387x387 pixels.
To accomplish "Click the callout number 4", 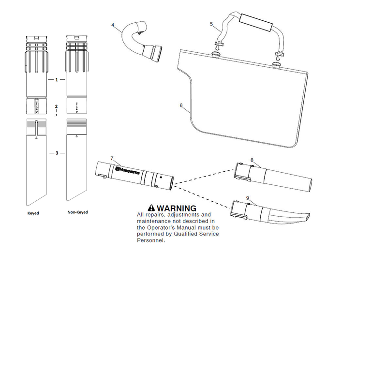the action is coord(113,25).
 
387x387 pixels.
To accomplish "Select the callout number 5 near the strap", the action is coord(211,24).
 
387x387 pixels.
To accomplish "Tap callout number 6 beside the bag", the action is coord(181,105).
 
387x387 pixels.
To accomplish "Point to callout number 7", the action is coord(112,158).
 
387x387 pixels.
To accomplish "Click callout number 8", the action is coord(252,160).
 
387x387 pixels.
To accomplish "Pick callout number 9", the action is coord(248,198).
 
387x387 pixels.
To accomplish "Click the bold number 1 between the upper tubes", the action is coord(57,80).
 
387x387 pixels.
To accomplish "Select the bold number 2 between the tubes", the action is coord(56,106).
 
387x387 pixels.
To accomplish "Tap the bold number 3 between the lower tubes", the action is coord(57,153).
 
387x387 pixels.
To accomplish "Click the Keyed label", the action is coord(33,213).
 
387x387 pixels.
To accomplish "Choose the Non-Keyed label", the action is coord(77,212).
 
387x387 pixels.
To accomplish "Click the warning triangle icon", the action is coord(151,208).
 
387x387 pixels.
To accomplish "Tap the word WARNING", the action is coord(177,208).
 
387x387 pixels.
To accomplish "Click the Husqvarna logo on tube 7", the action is coord(127,170).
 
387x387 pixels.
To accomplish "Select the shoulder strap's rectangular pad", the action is coord(256,22).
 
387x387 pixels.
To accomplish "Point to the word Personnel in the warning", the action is coord(151,240).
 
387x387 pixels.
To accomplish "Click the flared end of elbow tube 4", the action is coord(153,53).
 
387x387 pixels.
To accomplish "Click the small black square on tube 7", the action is coord(161,177).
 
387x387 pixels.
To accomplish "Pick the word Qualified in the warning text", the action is coord(185,234).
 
